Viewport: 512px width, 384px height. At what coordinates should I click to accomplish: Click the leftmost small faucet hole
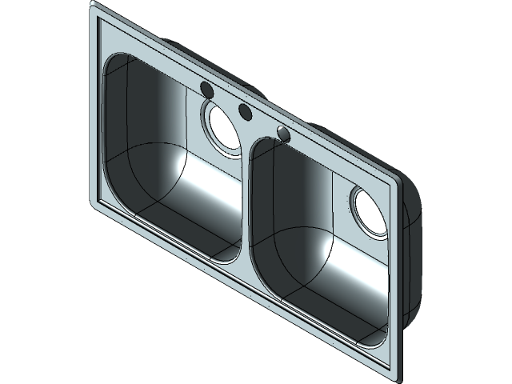(205, 89)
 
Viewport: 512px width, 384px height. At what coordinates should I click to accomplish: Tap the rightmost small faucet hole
(282, 132)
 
